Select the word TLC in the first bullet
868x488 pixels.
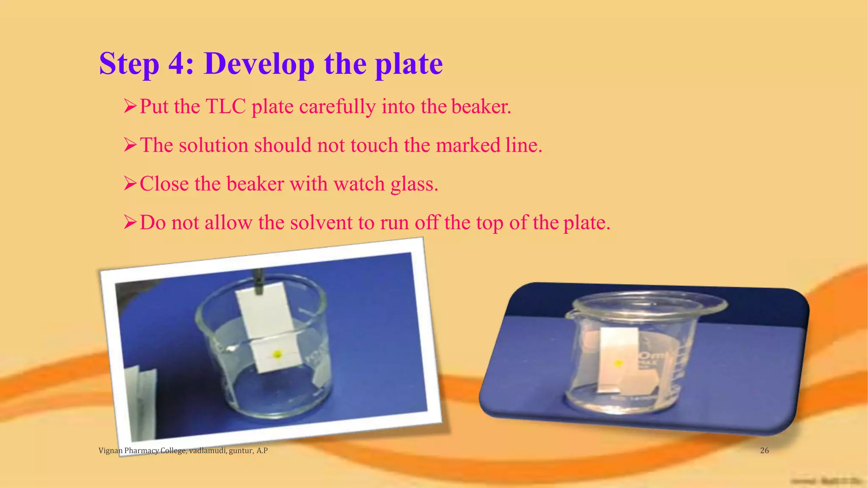[x=225, y=106]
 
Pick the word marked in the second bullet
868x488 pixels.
[x=468, y=145]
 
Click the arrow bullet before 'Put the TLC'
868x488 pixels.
[x=130, y=106]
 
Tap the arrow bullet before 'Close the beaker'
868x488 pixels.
[x=130, y=184]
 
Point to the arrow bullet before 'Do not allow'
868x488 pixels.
[x=130, y=222]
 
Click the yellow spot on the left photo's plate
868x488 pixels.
[x=277, y=354]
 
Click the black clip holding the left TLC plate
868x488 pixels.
[x=258, y=282]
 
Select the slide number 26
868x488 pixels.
[x=764, y=450]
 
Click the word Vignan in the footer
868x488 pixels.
[x=111, y=450]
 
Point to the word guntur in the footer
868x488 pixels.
[x=241, y=450]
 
